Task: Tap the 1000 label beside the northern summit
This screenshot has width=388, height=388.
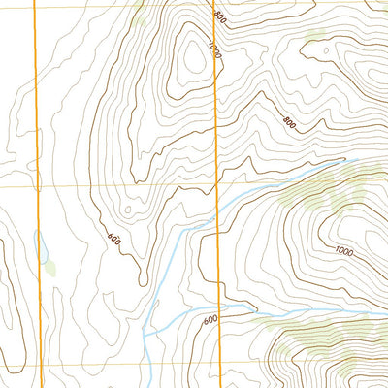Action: coord(214,50)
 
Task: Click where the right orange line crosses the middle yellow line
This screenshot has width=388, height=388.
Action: coord(216,186)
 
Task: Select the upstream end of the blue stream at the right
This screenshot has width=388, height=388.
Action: coord(357,161)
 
